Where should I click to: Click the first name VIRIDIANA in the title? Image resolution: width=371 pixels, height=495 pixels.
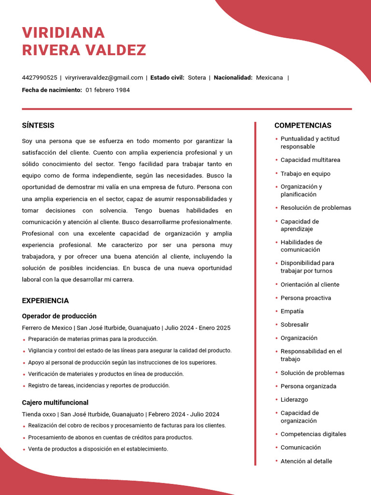[x=63, y=32]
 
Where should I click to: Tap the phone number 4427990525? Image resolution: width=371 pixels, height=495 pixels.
[x=40, y=77]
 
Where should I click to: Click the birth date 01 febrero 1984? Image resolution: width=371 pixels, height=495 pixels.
[x=108, y=90]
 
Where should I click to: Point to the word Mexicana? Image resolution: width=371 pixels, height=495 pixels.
[x=270, y=77]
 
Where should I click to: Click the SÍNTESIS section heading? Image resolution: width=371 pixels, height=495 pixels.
[x=38, y=125]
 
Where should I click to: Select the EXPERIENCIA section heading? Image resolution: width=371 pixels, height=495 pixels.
[x=45, y=301]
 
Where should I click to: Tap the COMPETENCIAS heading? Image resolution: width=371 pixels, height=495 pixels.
[x=303, y=125]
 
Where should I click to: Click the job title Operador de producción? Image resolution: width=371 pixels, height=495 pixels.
[x=59, y=316]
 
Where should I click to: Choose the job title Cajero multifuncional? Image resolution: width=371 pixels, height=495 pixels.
[x=55, y=403]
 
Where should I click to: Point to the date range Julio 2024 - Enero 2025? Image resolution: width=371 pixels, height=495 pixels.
[x=198, y=328]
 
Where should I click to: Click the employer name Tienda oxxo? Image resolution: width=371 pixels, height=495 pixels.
[x=39, y=414]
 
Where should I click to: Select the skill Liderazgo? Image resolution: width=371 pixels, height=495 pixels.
[x=294, y=400]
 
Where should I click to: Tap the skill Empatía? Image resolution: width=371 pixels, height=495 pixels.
[x=292, y=311]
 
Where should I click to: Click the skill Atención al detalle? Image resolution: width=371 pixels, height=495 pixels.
[x=306, y=461]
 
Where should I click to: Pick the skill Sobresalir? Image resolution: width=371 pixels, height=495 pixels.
[x=295, y=325]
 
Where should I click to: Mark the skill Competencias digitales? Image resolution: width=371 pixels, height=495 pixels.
[x=314, y=434]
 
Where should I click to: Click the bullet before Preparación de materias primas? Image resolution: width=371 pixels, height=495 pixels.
[x=24, y=339]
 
